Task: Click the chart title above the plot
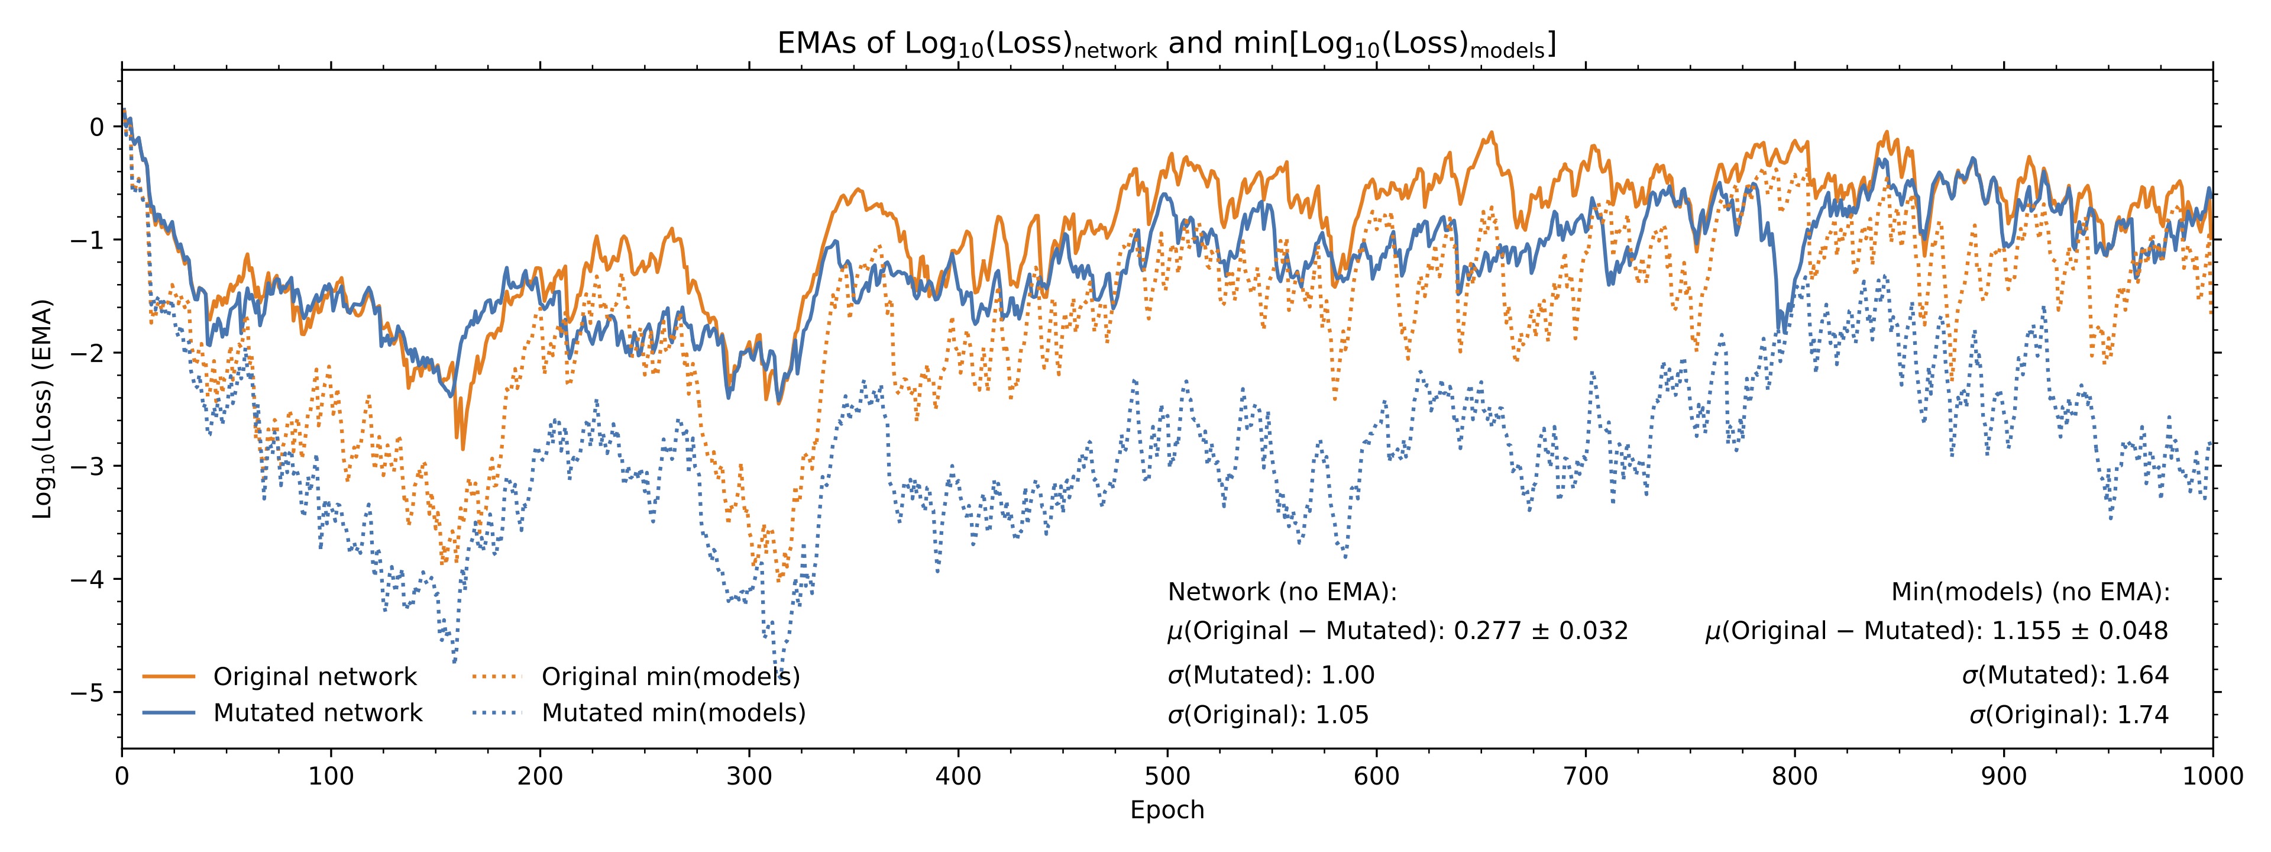click(x=1166, y=44)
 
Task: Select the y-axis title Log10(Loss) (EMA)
click(x=43, y=409)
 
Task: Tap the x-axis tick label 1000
click(x=2213, y=776)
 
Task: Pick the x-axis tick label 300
click(x=749, y=776)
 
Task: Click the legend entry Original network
click(x=280, y=676)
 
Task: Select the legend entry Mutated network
click(x=282, y=712)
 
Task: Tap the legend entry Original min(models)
click(x=636, y=676)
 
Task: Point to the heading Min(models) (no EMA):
click(x=2030, y=592)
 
